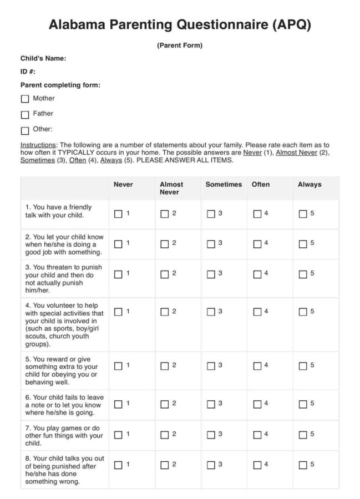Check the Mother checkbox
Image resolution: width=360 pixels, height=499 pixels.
[24, 99]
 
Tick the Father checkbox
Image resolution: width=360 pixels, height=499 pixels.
[24, 115]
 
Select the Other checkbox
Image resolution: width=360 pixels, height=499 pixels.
[24, 131]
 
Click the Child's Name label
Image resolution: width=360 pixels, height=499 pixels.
[43, 58]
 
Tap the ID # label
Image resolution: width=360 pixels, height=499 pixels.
[28, 72]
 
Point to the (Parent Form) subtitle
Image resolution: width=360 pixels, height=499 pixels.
[179, 45]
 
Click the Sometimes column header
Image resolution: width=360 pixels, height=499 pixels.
[224, 185]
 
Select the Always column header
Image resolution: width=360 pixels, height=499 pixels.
[310, 185]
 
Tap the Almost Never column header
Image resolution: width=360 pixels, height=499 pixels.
[171, 188]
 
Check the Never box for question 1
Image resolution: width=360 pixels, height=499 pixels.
[118, 214]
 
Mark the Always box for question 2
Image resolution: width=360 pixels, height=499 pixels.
[302, 244]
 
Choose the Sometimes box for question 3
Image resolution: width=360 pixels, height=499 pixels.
[211, 274]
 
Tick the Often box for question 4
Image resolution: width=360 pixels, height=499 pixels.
[257, 312]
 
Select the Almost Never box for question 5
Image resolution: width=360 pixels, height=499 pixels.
[164, 365]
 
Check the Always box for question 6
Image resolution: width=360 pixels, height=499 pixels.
[302, 404]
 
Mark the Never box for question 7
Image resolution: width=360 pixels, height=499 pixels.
[118, 435]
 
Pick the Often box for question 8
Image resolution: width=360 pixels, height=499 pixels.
[257, 465]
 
